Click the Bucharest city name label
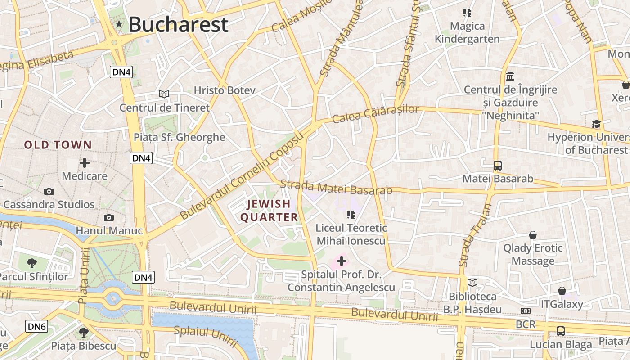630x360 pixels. [x=178, y=25]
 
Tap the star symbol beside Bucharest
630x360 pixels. [x=119, y=24]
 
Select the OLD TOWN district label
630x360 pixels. [x=58, y=145]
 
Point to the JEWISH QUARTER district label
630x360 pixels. [x=269, y=211]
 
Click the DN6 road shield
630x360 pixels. [x=36, y=326]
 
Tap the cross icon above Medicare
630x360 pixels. [x=85, y=162]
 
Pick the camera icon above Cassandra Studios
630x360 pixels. [x=49, y=191]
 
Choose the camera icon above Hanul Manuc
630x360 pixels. [x=108, y=218]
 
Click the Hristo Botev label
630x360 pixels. [x=225, y=90]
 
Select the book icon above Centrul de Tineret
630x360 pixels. [x=164, y=94]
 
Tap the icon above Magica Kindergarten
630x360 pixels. [x=467, y=13]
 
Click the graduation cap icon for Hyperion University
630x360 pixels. [x=596, y=124]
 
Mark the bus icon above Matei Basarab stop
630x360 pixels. [x=497, y=165]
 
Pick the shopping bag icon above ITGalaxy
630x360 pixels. [x=562, y=291]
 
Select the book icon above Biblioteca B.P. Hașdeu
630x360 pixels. [x=472, y=283]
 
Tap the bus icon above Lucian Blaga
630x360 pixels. [x=561, y=331]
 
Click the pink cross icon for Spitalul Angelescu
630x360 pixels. [x=342, y=261]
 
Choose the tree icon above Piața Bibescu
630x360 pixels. [x=83, y=333]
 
